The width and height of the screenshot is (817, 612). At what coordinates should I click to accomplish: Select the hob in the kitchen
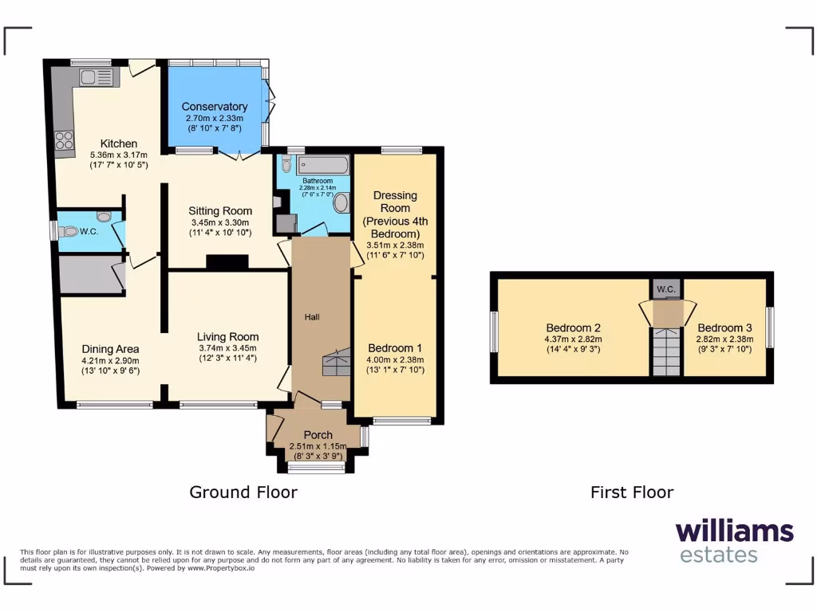63,139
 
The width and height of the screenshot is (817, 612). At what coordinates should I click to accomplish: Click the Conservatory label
215,107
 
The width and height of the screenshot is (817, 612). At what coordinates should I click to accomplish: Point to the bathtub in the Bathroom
322,166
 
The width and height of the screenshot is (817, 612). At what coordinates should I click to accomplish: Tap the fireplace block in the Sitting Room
227,262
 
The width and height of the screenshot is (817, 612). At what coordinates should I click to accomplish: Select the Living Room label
228,336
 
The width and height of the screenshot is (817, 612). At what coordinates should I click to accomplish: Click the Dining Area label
111,349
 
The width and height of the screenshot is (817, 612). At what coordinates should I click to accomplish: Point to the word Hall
312,317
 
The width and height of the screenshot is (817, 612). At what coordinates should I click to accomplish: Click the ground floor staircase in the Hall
336,363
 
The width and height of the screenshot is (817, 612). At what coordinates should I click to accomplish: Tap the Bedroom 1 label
395,348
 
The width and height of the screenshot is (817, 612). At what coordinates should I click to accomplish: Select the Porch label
318,435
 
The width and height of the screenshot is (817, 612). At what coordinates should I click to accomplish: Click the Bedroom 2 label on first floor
573,328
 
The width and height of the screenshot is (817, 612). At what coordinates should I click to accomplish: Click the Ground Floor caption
243,492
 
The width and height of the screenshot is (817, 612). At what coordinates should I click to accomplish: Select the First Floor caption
631,492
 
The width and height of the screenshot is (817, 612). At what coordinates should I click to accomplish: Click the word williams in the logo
734,531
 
